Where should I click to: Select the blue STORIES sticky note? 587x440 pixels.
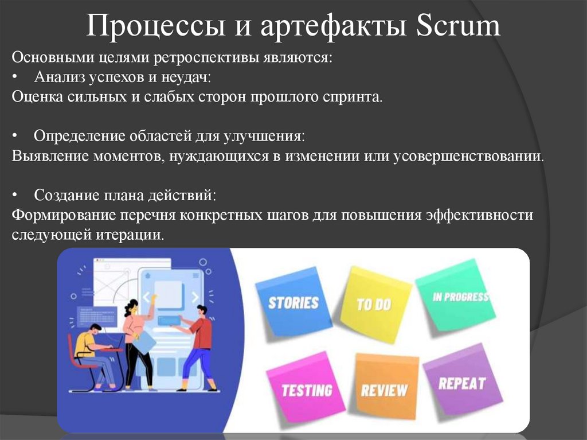(x=293, y=302)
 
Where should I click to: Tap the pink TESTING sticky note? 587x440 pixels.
(x=307, y=390)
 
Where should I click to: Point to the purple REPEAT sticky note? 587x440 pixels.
(x=461, y=381)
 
